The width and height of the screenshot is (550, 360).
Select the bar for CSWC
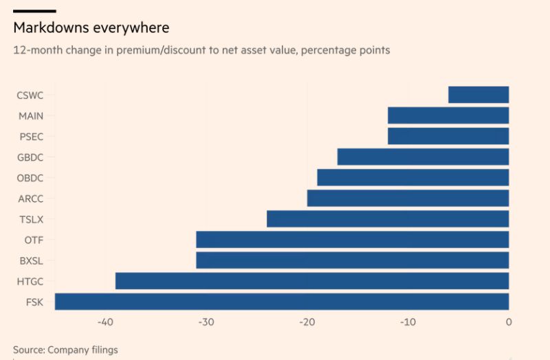[x=478, y=95]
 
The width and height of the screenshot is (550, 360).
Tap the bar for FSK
[x=282, y=302]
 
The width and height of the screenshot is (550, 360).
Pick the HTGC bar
[x=312, y=281]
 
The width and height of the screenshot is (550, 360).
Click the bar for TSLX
[x=388, y=219]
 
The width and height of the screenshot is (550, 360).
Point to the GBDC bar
[x=423, y=157]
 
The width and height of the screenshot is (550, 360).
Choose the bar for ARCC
[x=408, y=199]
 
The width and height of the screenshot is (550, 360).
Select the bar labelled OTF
[x=352, y=240]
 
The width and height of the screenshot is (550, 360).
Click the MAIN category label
[x=30, y=116]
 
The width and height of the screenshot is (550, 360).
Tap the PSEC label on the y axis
[x=30, y=137]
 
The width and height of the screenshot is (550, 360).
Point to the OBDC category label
[x=30, y=178]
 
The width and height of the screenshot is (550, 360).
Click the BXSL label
[x=30, y=261]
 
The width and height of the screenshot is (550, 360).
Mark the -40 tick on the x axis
[x=105, y=322]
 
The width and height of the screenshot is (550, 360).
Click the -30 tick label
[x=206, y=322]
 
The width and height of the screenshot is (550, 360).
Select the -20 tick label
[x=307, y=322]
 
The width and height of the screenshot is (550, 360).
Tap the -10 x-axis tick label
[x=408, y=322]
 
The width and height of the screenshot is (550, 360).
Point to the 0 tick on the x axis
[x=509, y=322]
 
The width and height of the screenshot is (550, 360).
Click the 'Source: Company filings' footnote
[x=65, y=350]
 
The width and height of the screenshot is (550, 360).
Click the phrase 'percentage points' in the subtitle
[x=350, y=50]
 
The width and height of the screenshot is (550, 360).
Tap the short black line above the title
[x=34, y=10]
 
